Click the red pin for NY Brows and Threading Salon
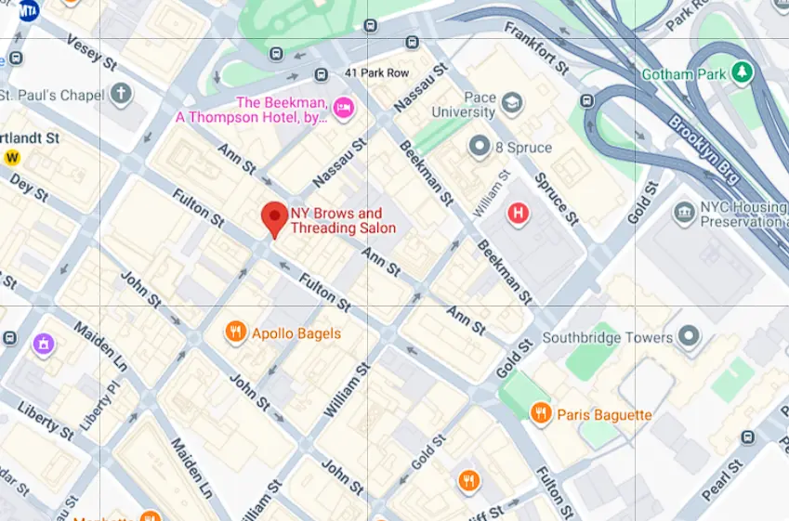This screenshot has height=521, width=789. coord(274,218)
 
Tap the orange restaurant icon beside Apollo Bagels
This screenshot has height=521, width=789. coord(236,332)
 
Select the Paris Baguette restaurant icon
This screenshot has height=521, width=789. coord(541,414)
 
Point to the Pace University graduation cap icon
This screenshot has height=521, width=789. coord(511,104)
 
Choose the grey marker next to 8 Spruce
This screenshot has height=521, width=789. coord(480,147)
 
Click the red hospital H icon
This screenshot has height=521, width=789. coord(518,215)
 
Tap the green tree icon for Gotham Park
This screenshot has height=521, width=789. coord(742,72)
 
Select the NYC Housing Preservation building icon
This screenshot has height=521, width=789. coord(685,214)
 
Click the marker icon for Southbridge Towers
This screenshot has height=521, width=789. coord(689,337)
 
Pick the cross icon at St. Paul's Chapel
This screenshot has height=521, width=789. coord(121,94)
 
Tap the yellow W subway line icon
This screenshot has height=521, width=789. coord(12,157)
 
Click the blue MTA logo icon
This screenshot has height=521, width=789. coord(29,10)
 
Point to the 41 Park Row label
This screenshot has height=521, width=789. coord(376,72)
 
